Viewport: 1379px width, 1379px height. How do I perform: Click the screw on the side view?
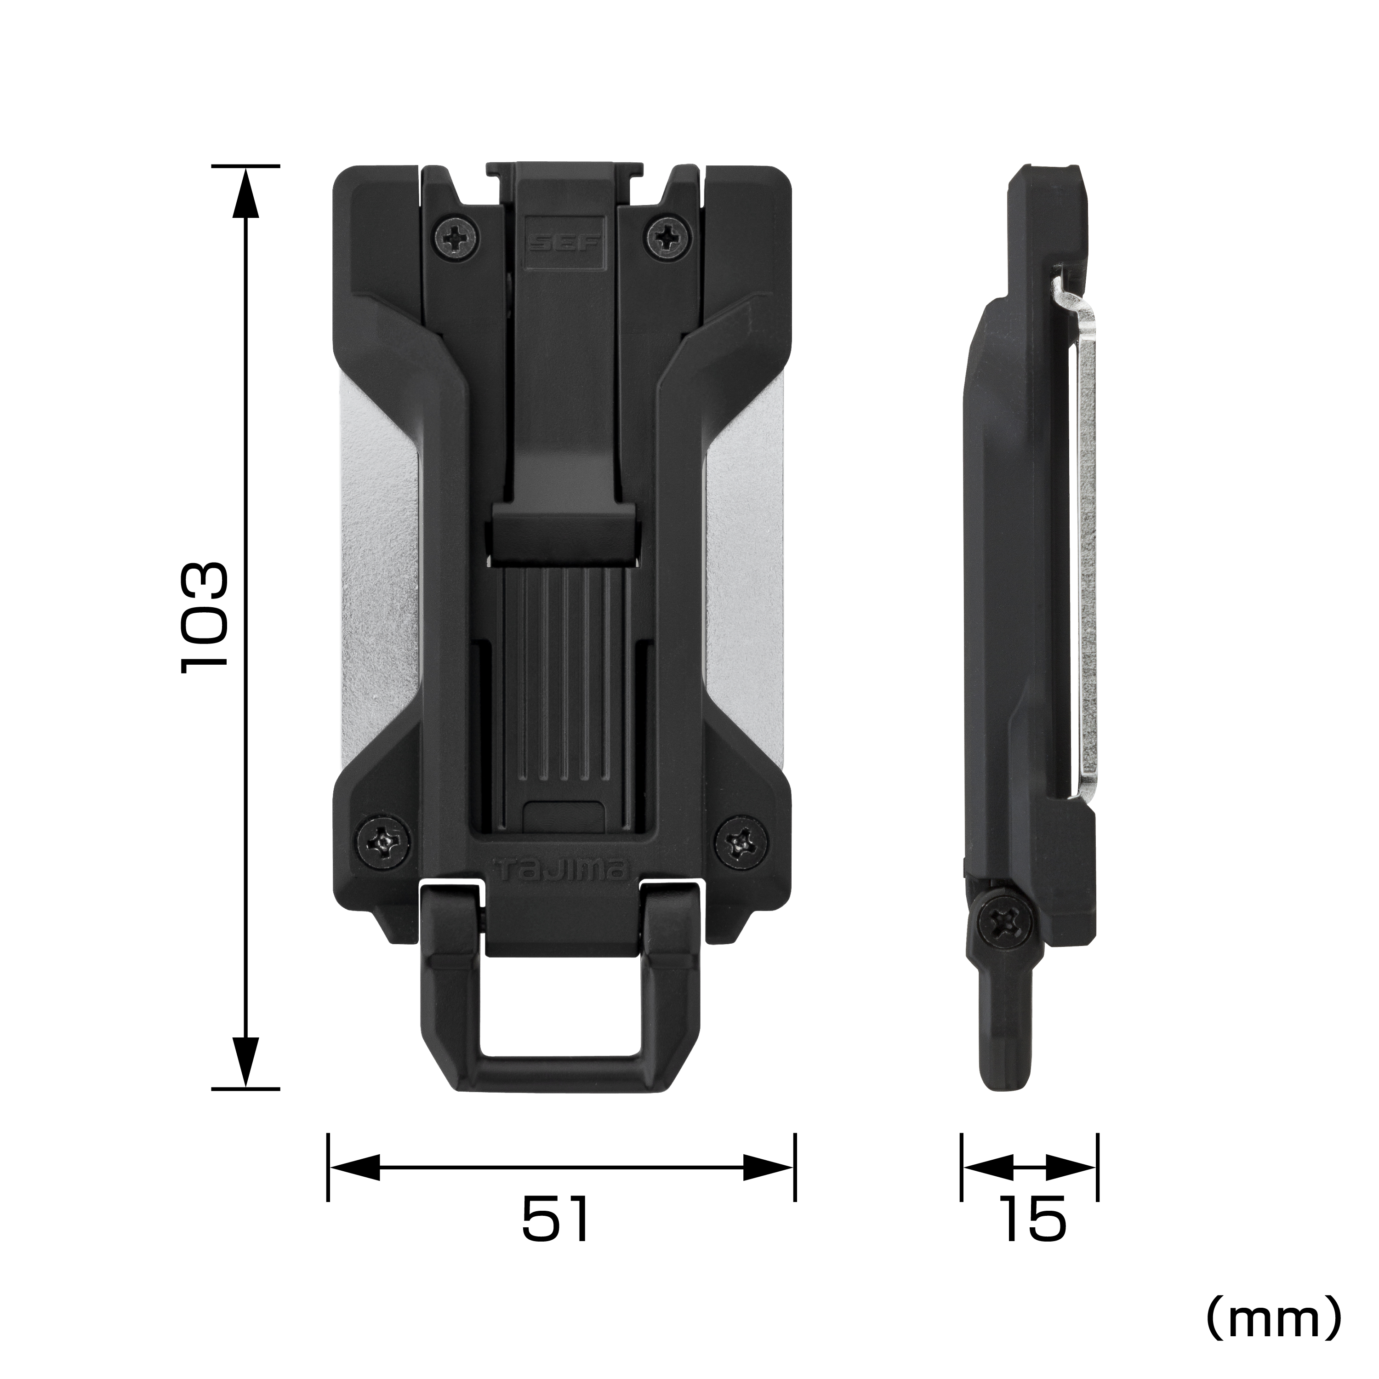coord(1003,925)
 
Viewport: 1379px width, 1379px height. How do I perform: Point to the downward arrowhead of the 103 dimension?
coord(245,1064)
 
